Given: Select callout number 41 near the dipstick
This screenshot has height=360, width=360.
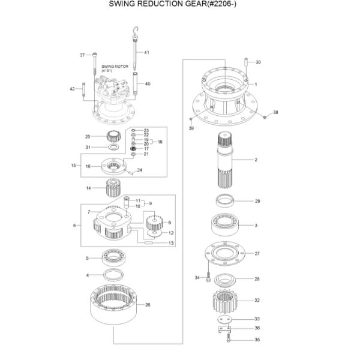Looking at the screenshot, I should (146, 53).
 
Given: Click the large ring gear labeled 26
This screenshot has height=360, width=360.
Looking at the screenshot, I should (116, 304).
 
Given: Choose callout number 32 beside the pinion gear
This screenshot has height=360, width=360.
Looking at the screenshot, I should (257, 300).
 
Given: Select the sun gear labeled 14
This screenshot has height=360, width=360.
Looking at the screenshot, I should (115, 188).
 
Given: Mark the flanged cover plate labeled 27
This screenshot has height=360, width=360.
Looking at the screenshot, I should (226, 254).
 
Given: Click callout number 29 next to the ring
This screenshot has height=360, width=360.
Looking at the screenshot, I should (257, 201).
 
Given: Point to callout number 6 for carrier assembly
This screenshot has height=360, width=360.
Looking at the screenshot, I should (74, 226).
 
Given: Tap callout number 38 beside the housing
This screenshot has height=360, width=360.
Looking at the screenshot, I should (275, 113).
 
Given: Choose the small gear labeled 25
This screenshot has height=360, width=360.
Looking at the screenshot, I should (112, 136).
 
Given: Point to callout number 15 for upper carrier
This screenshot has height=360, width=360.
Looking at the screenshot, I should (74, 165).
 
